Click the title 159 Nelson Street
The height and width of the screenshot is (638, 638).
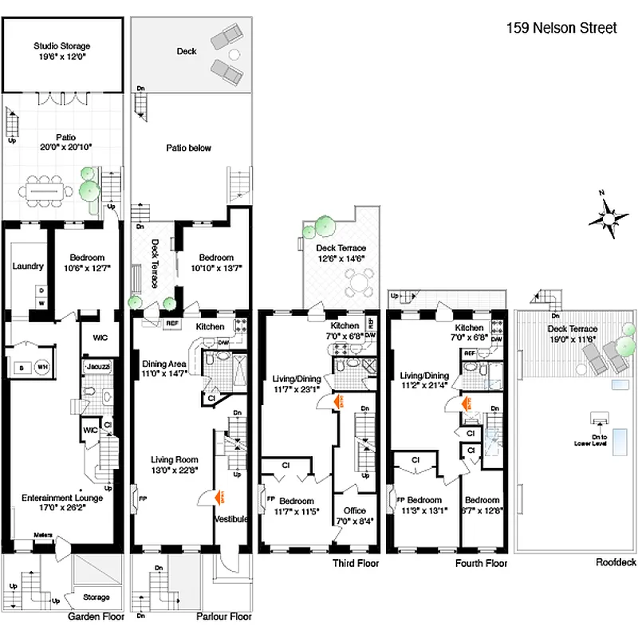tap(562, 29)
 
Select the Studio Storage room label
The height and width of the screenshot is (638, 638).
tap(61, 45)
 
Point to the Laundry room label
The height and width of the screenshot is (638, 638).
tap(27, 266)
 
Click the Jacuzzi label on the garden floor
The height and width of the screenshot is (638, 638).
tap(98, 365)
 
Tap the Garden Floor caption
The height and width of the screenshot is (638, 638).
tap(94, 616)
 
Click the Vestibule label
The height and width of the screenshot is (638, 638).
tap(231, 519)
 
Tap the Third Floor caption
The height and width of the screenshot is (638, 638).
tap(355, 563)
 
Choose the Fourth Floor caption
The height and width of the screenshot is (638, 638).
tap(482, 563)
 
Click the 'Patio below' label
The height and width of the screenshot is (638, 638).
tap(189, 148)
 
